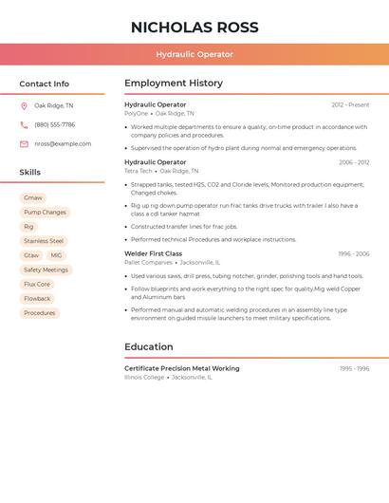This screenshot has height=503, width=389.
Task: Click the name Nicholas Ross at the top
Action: coord(194,28)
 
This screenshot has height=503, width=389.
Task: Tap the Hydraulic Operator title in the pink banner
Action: coord(194,54)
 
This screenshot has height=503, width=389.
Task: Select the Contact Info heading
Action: coord(44,84)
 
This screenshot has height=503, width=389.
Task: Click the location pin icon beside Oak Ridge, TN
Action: coord(24,106)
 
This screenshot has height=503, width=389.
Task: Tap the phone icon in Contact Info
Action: coord(24,125)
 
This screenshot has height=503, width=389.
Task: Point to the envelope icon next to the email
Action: coord(24,144)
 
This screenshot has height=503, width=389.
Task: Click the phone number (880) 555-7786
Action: coord(54,125)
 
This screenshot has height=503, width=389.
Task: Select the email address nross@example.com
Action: coord(63,144)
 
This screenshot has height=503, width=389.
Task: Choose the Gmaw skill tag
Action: coord(33,198)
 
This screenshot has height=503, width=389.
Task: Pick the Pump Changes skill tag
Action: coord(45,213)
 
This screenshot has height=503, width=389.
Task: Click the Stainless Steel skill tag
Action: coord(44,241)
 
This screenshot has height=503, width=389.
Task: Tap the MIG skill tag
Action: coord(56,255)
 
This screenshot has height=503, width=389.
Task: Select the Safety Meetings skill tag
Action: coord(46,270)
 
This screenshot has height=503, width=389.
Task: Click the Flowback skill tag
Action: coord(37,298)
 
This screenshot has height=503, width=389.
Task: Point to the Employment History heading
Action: coord(174,84)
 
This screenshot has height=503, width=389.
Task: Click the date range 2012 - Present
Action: coord(350,104)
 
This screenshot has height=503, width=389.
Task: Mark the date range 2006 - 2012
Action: coord(354,162)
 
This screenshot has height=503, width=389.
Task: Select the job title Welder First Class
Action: coord(153,253)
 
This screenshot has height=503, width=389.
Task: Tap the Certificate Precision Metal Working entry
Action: coord(182,368)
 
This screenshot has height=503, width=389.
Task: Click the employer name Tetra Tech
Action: coord(139,171)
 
